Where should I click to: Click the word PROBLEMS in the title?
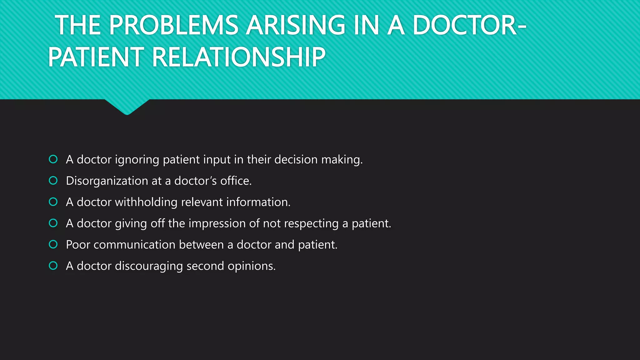point(173,26)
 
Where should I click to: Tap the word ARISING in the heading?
point(295,26)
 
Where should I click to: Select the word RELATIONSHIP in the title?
point(239,57)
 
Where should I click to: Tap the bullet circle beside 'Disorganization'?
point(53,181)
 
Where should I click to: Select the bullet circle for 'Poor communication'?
point(53,244)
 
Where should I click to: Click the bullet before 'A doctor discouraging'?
point(53,266)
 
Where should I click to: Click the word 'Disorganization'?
point(107,181)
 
